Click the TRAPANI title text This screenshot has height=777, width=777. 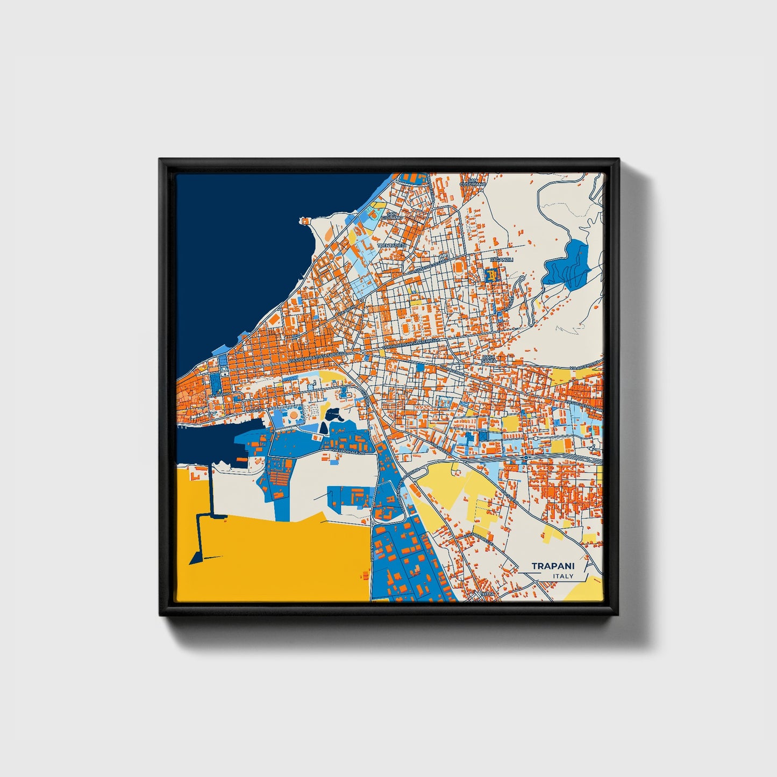pyautogui.click(x=553, y=566)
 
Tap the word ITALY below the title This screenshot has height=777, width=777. pyautogui.click(x=563, y=576)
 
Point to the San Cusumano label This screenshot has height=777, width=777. pyautogui.click(x=473, y=182)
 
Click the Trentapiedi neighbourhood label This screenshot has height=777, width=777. pyautogui.click(x=393, y=245)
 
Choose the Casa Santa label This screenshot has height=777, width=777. pyautogui.click(x=488, y=359)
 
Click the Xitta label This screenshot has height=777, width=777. pyautogui.click(x=488, y=594)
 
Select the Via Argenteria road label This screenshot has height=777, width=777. pyautogui.click(x=586, y=367)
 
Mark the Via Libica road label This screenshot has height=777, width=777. pyautogui.click(x=372, y=553)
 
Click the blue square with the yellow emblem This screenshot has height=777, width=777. pyautogui.click(x=491, y=275)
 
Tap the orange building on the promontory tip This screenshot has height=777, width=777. pyautogui.click(x=305, y=220)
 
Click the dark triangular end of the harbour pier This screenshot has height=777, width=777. pyautogui.click(x=197, y=557)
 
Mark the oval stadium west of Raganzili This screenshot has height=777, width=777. pyautogui.click(x=459, y=267)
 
